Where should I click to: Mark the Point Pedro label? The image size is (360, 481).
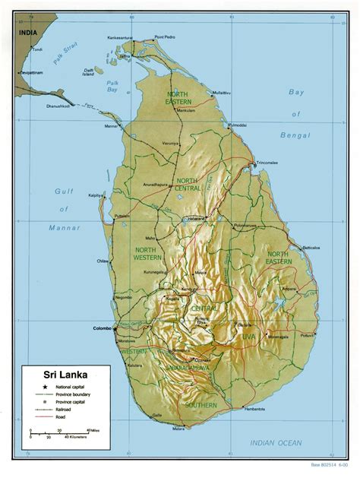tap(165, 37)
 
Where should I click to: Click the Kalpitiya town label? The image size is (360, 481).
tap(96, 195)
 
